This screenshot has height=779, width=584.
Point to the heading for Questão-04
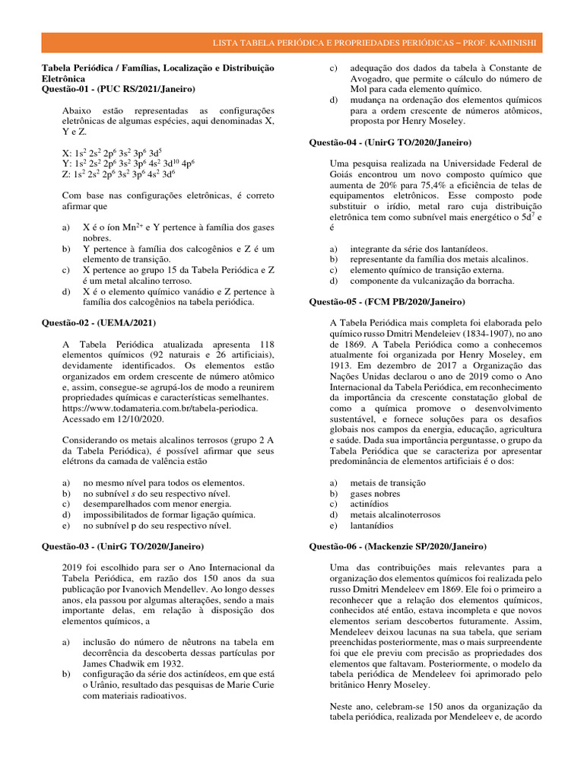pyautogui.click(x=390, y=142)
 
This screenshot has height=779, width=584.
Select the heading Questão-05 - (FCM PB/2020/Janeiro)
pyautogui.click(x=389, y=301)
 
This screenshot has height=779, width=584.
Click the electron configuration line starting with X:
pyautogui.click(x=113, y=152)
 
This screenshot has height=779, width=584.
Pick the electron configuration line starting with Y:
pyautogui.click(x=129, y=163)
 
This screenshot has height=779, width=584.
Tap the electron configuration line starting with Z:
pyautogui.click(x=119, y=173)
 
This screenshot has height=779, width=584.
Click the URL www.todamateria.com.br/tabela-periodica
pyautogui.click(x=160, y=408)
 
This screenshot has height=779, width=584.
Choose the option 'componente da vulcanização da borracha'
pyautogui.click(x=431, y=280)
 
